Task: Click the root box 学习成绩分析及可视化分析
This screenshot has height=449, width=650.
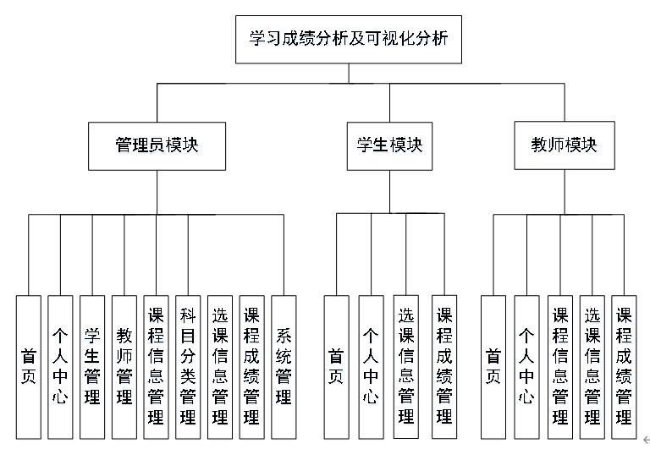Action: [348, 40]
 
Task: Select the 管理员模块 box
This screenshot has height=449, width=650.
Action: [157, 145]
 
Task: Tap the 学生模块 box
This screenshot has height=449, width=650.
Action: [389, 145]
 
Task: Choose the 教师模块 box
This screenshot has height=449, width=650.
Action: [563, 145]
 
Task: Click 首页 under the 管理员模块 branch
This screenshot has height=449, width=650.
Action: [29, 365]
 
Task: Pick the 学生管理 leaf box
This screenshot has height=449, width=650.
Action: [92, 365]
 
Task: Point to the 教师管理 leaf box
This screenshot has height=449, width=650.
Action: [124, 365]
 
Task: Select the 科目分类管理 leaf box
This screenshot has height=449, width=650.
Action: [188, 365]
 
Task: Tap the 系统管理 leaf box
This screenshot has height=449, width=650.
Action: [284, 365]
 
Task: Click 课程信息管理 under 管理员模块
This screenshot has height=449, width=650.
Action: [156, 365]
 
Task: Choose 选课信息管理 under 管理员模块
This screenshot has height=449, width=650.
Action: [220, 365]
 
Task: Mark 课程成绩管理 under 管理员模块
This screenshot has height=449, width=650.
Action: [251, 365]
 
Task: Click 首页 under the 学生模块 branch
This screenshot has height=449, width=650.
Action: [336, 365]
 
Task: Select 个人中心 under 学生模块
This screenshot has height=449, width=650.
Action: [371, 365]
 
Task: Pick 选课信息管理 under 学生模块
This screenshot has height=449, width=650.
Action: [405, 365]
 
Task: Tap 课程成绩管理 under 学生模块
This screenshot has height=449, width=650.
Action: [444, 365]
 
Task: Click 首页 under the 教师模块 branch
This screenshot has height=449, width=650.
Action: [493, 365]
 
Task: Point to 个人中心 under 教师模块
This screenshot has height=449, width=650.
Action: [526, 365]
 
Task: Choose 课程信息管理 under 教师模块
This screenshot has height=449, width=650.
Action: [559, 365]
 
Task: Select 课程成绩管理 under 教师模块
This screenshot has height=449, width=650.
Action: [624, 365]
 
